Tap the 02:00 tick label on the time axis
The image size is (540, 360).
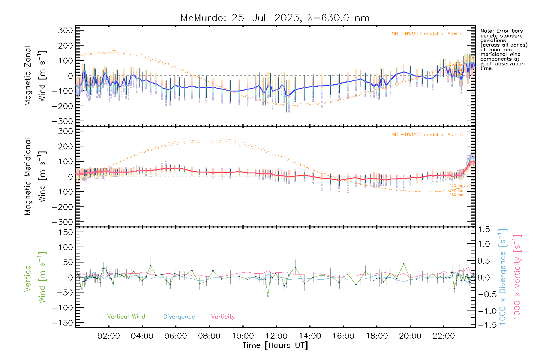click(x=109, y=336)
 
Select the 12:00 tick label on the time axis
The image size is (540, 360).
click(x=276, y=336)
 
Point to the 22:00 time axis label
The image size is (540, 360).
click(x=444, y=336)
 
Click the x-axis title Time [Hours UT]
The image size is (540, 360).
click(x=275, y=345)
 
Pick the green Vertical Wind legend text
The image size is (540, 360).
click(x=126, y=317)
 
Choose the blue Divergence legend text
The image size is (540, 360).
click(x=179, y=317)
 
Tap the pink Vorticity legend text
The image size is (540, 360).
click(x=223, y=317)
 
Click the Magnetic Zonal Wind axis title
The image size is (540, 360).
click(x=35, y=76)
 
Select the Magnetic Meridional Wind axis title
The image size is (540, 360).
click(x=35, y=176)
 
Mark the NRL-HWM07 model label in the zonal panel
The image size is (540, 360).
click(x=427, y=34)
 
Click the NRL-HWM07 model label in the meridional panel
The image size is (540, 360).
click(x=427, y=135)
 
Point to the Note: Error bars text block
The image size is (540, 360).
click(x=503, y=49)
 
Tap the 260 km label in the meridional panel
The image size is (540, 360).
click(x=456, y=195)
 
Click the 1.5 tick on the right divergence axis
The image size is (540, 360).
click(x=484, y=229)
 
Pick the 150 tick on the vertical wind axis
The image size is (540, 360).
click(x=66, y=232)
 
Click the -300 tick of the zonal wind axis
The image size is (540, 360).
click(x=62, y=121)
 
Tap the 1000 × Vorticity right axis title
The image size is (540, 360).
click(x=517, y=277)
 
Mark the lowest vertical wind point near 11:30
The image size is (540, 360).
click(x=268, y=296)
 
